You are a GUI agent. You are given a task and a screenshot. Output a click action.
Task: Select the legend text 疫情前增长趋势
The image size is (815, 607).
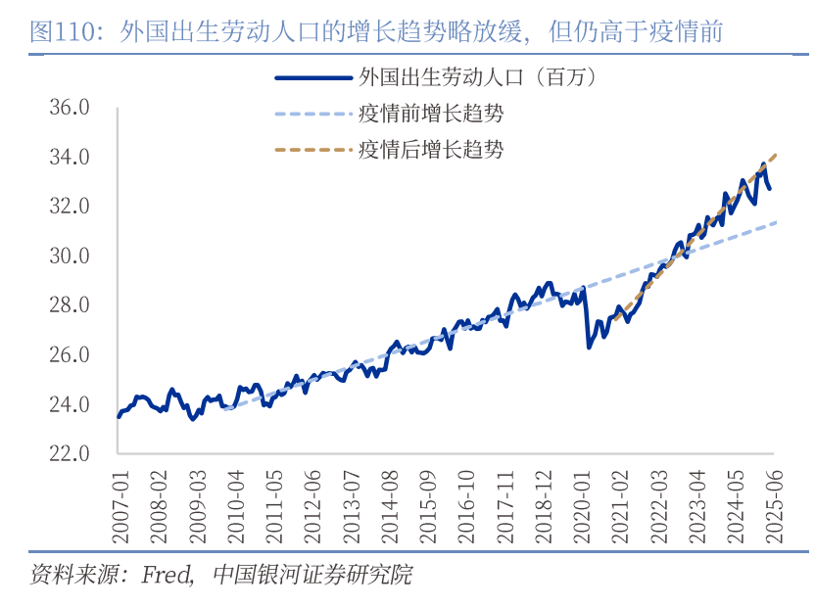[x=431, y=114]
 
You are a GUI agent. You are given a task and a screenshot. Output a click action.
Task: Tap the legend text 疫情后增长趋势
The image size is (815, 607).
[x=431, y=150]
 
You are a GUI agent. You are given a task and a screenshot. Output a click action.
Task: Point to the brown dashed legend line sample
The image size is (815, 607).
[x=312, y=150]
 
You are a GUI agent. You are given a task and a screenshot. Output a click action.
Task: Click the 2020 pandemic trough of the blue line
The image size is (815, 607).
[x=589, y=347]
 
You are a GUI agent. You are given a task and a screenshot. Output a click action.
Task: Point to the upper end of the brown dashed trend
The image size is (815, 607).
[x=776, y=154]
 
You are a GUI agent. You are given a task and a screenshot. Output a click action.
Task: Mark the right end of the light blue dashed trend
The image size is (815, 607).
[x=776, y=222]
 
